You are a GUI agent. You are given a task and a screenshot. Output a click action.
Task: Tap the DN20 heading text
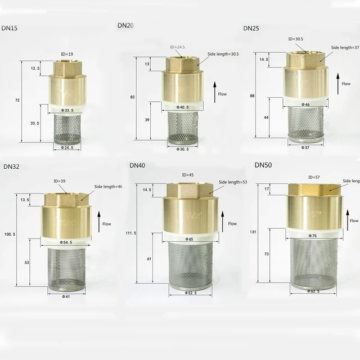(125, 25)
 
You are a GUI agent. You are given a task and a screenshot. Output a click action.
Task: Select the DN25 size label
(251, 28)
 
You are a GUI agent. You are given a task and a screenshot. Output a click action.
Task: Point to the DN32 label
(12, 166)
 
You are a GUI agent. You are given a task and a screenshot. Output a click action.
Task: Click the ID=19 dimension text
(67, 54)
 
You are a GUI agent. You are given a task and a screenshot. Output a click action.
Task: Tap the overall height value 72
(17, 100)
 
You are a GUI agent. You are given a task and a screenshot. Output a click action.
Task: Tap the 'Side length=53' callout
(233, 182)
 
